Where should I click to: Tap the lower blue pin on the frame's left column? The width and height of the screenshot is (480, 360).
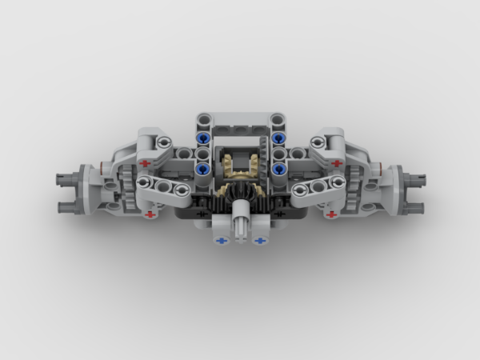click(x=202, y=169)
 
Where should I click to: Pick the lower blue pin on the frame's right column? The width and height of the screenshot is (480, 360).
click(x=278, y=169)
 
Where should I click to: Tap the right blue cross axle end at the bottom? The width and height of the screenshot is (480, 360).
click(x=258, y=239)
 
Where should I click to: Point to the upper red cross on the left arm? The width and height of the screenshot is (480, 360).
click(x=144, y=163)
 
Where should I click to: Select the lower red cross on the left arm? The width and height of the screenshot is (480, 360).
click(x=149, y=214)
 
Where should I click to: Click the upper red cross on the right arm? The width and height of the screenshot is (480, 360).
click(x=336, y=163)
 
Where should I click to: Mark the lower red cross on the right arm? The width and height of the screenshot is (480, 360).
click(x=331, y=214)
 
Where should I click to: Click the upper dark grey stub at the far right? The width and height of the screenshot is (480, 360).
click(x=414, y=174)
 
